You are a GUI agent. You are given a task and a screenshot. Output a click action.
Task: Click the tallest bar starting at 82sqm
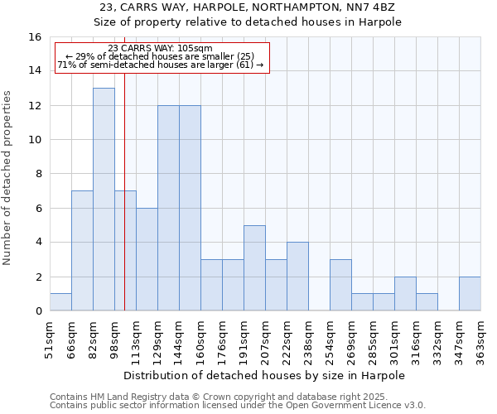(104, 199)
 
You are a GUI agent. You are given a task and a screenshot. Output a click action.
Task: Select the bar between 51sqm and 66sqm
(60, 302)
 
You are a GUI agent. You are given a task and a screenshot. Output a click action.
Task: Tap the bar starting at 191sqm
(254, 267)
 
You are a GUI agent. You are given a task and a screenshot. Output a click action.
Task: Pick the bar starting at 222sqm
(297, 277)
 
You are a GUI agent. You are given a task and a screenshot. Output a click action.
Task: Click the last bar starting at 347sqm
(470, 294)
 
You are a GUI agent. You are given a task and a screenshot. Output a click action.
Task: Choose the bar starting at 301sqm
(405, 294)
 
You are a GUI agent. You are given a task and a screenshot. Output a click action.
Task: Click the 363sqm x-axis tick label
(482, 335)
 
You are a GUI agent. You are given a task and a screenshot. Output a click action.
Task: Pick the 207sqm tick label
(267, 335)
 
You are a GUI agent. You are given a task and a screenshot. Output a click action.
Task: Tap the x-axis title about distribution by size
(265, 375)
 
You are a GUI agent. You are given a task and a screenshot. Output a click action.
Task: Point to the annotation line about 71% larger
(160, 65)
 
